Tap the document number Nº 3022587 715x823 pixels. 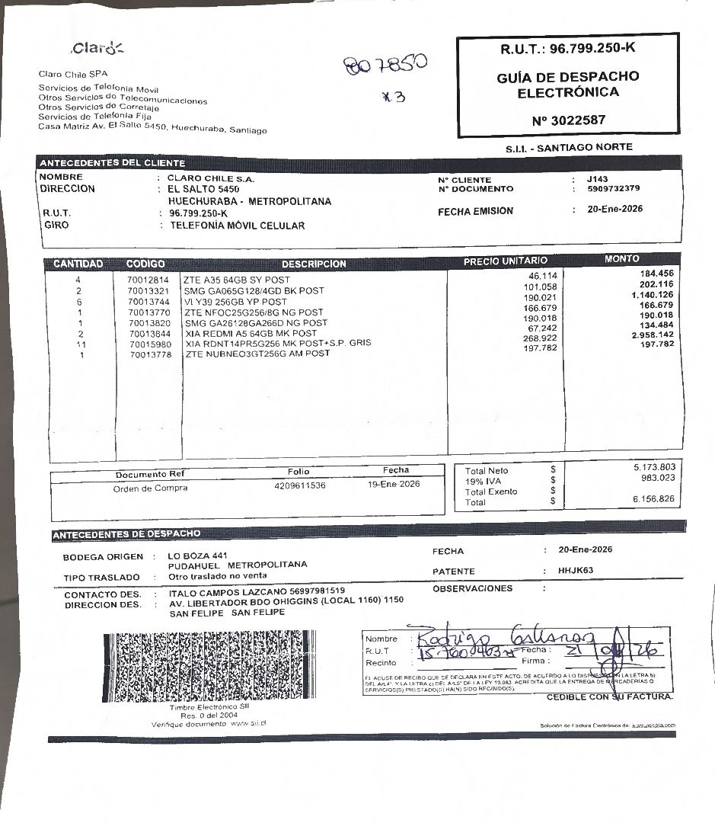point(569,120)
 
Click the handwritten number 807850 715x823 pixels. point(385,67)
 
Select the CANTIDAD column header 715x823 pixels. point(78,264)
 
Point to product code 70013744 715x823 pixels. point(148,302)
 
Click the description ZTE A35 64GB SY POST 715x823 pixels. point(237,280)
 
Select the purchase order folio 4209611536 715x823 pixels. point(299,485)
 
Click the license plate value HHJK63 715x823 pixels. point(576,571)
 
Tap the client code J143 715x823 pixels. point(598,179)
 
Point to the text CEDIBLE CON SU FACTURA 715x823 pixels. point(609,697)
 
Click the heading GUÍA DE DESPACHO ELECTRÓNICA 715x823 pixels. point(568,85)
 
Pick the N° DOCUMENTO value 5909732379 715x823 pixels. point(614,189)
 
